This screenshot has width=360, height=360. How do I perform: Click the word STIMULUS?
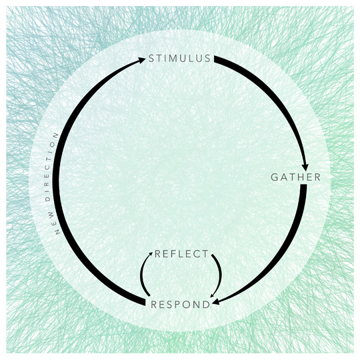[179, 58]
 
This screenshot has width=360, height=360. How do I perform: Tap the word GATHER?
[296, 177]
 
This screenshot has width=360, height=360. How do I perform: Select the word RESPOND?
[181, 305]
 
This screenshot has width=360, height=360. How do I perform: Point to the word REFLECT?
[181, 254]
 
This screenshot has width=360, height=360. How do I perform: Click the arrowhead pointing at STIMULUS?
[141, 60]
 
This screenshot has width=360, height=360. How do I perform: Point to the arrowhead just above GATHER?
[305, 167]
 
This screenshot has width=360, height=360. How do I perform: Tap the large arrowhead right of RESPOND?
[216, 302]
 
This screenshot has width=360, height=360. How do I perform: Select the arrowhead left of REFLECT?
[151, 254]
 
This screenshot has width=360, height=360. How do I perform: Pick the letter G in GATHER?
[275, 177]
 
